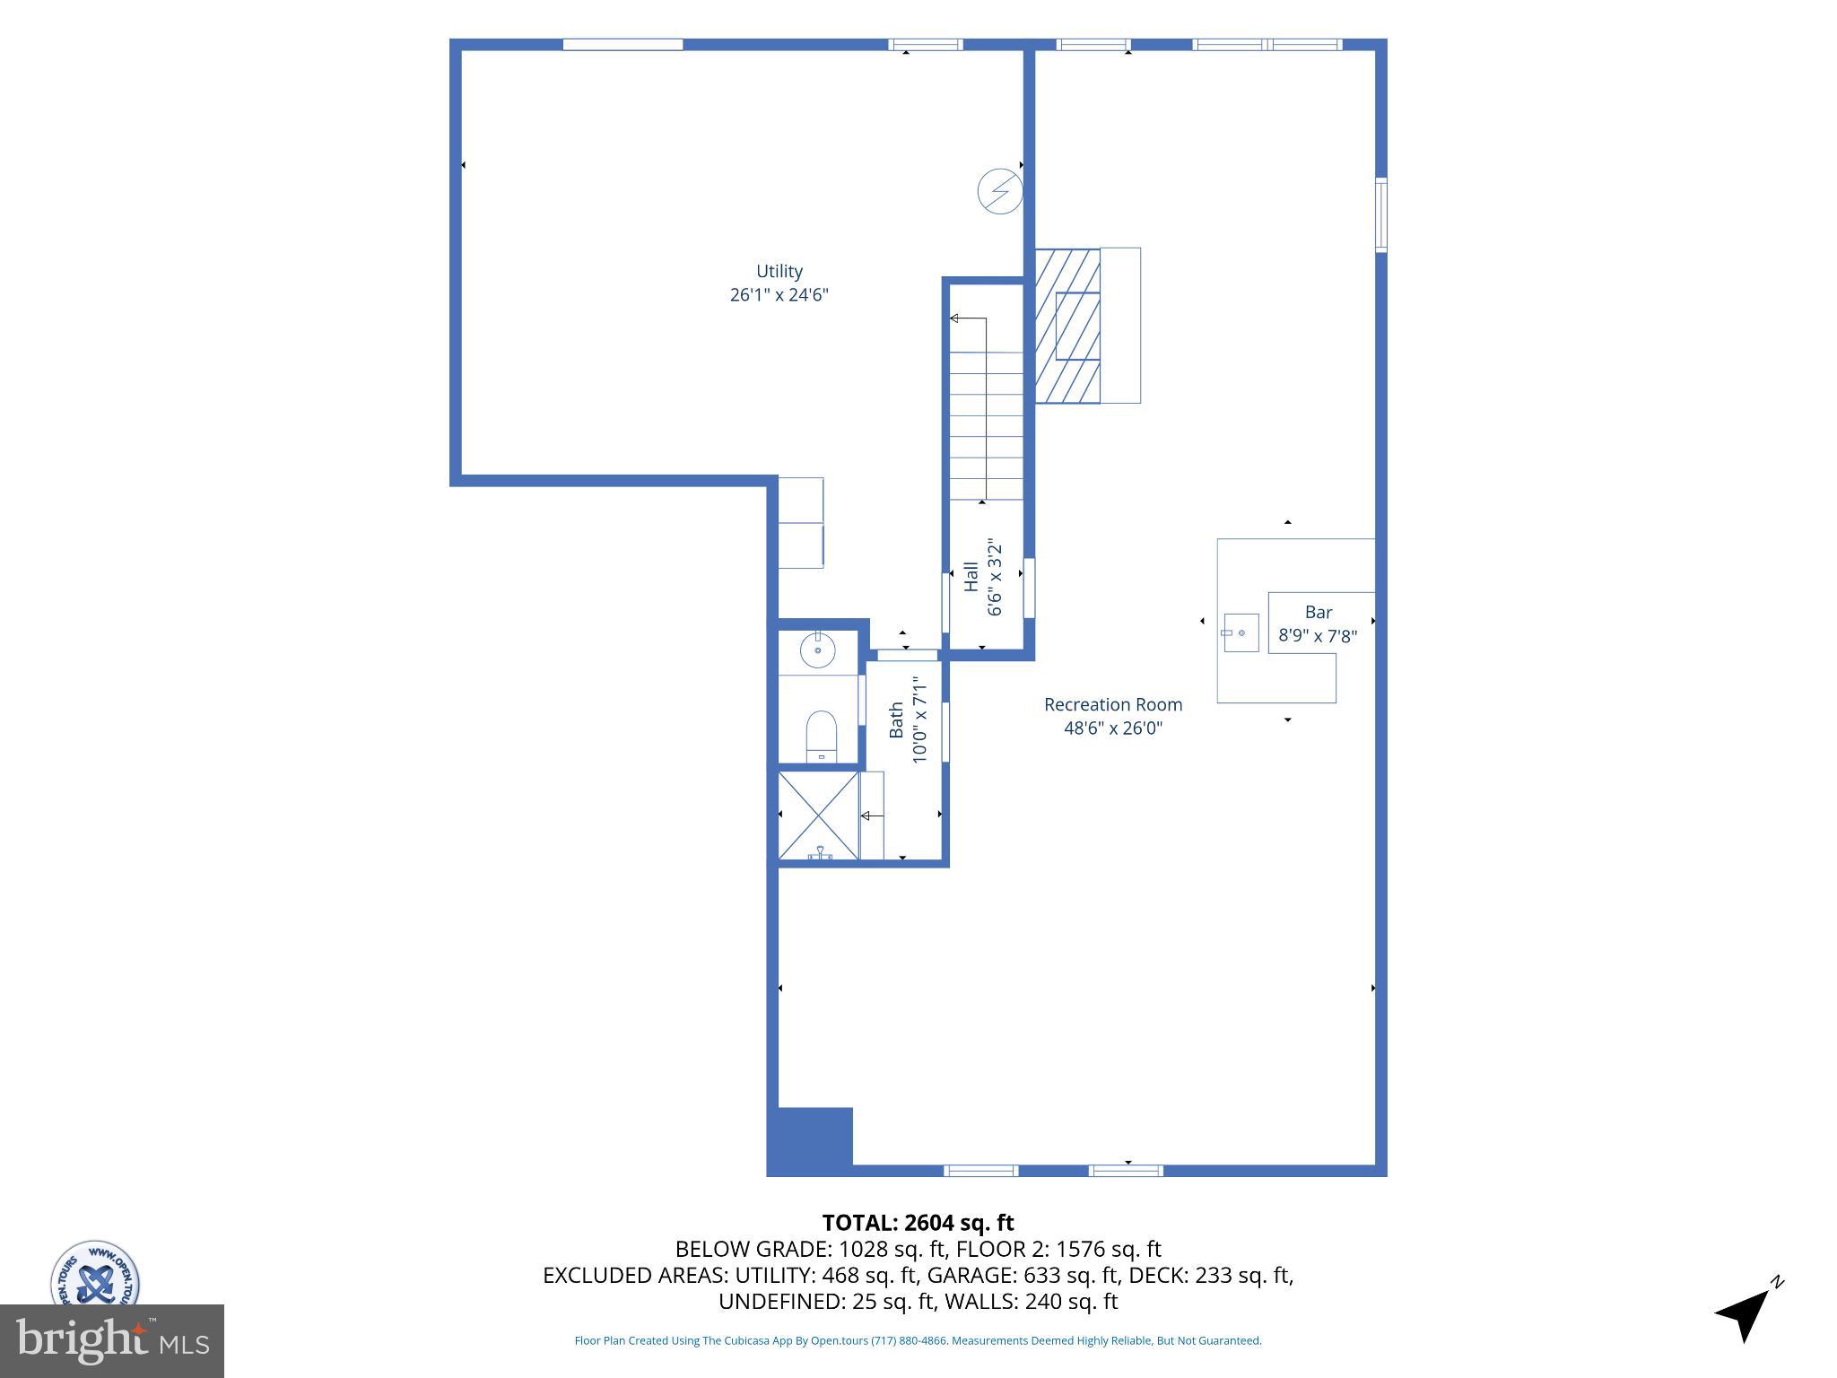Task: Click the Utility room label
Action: click(779, 271)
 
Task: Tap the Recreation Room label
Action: click(1112, 705)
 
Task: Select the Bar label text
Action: click(1318, 612)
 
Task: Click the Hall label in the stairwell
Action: click(971, 577)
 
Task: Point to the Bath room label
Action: click(896, 720)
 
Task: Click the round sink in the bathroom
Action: click(817, 650)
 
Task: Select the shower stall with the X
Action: click(817, 815)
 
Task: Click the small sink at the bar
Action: click(1241, 633)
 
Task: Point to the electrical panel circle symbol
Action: click(999, 191)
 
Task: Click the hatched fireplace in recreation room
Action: click(1067, 325)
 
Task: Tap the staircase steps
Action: click(986, 426)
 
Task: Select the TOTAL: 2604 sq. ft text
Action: click(918, 1223)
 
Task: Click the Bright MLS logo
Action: click(111, 1340)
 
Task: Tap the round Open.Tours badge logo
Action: click(94, 1274)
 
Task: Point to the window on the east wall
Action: click(1380, 215)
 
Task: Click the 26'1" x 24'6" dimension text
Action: click(779, 295)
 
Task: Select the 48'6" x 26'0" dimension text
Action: click(1112, 728)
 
